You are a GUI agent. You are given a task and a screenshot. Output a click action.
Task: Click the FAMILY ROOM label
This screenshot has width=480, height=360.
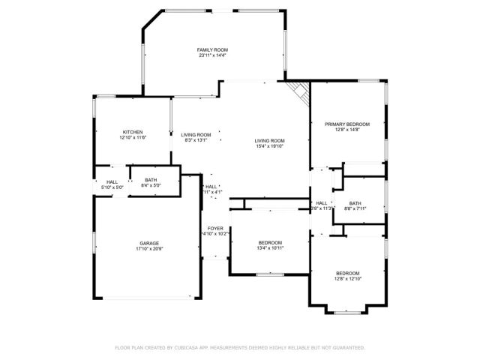pos(212,49)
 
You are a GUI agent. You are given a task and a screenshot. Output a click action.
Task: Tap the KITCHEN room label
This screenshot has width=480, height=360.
pos(132,132)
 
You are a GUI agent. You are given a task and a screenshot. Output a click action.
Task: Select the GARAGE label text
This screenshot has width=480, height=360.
pos(148,243)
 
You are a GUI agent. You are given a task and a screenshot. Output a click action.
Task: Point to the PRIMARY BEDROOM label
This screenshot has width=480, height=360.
pos(347,124)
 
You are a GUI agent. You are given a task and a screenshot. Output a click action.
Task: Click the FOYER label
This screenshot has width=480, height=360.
pos(215,228)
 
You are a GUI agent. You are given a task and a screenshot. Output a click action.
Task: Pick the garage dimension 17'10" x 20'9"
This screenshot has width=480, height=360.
pos(148,249)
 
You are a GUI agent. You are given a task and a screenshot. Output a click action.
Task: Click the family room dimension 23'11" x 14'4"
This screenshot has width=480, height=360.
pos(212,55)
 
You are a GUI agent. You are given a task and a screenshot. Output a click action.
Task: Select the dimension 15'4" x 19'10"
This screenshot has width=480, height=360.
pos(269,147)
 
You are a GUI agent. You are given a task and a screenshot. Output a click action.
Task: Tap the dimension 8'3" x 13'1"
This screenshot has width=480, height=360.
pos(196,140)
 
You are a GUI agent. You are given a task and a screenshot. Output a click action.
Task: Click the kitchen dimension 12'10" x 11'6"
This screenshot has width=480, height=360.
pos(132,138)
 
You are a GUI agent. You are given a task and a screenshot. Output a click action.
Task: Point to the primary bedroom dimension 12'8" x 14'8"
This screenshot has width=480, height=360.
pos(347,130)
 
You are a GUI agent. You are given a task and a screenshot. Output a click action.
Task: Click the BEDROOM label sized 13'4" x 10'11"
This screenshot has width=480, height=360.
pos(270,242)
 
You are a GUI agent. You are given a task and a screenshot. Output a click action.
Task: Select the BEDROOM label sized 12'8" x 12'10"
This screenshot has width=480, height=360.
pos(347,273)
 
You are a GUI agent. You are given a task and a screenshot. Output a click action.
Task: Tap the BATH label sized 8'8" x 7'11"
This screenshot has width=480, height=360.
pos(355,202)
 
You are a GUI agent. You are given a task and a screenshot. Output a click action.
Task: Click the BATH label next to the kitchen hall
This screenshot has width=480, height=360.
pos(151,180)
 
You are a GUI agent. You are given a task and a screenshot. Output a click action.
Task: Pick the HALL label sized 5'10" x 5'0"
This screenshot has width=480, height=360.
pos(112,181)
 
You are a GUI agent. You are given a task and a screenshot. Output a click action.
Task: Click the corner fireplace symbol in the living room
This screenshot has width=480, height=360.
pos(301,93)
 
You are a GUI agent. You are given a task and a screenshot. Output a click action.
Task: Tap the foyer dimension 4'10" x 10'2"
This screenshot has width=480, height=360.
pos(215,234)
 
